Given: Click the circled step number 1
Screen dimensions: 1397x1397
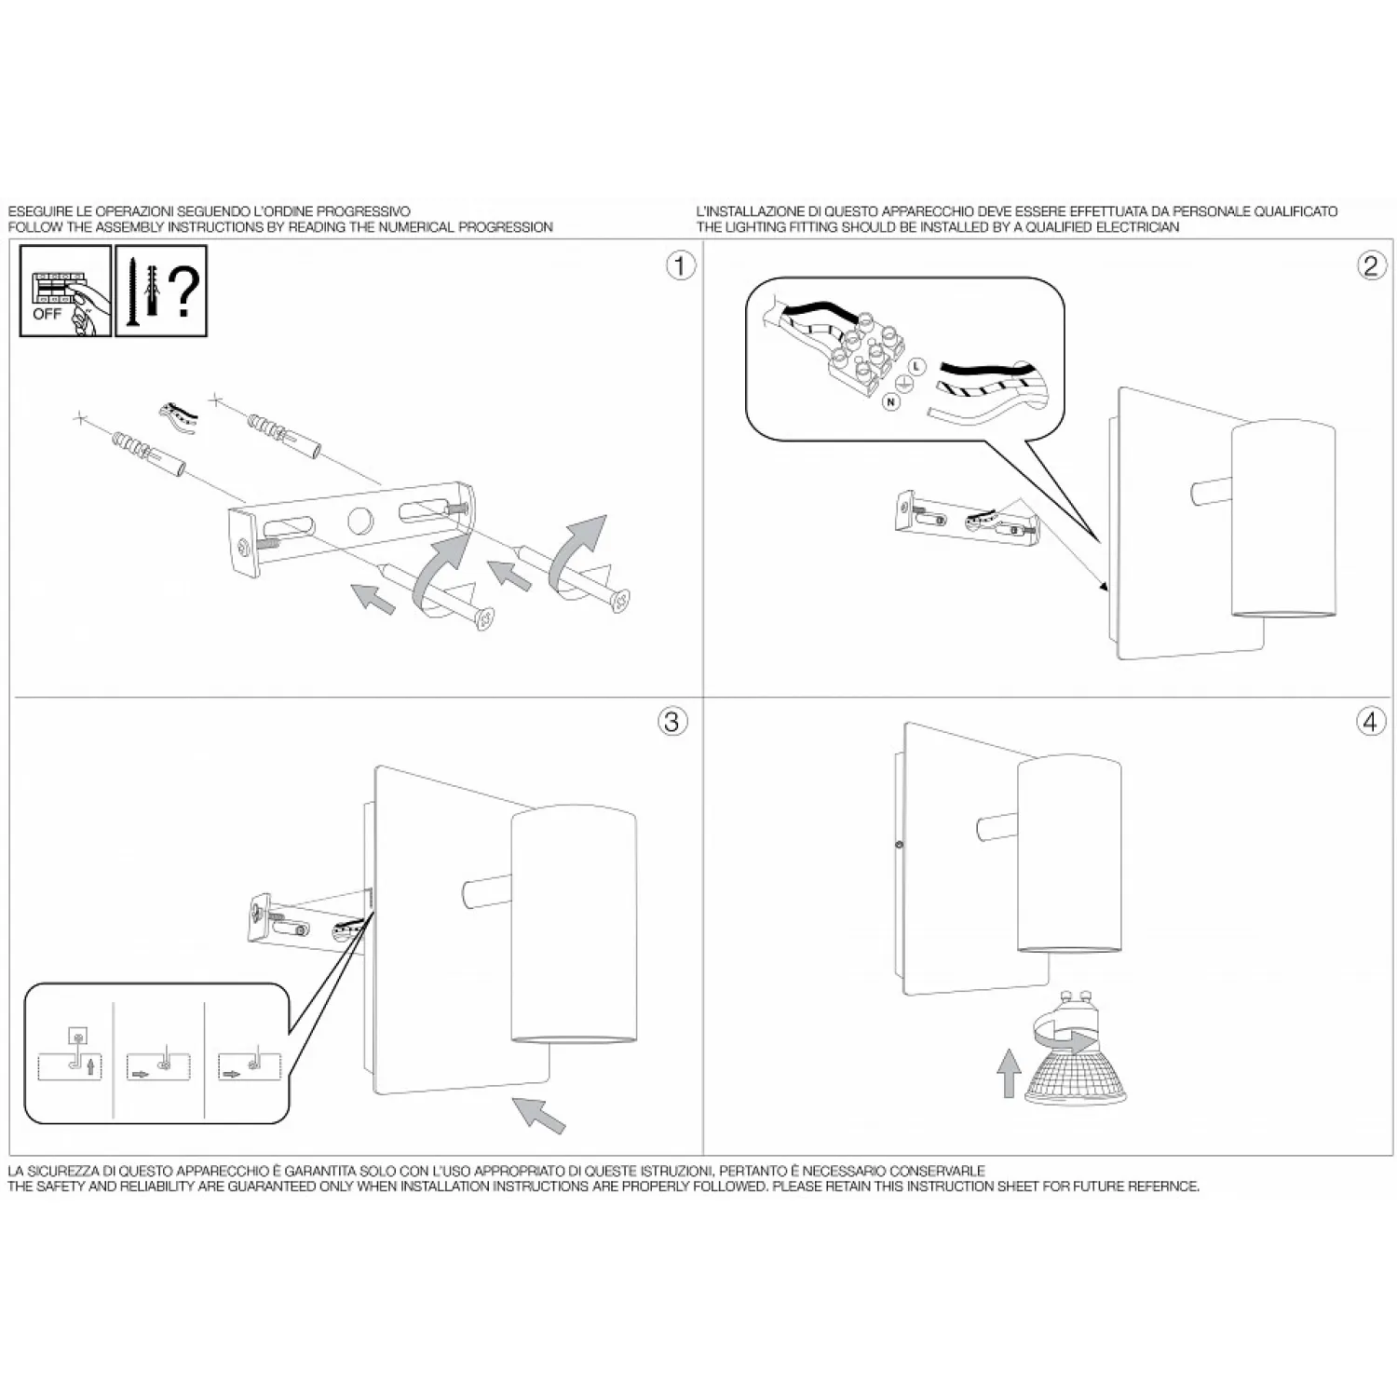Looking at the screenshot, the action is coord(681,265).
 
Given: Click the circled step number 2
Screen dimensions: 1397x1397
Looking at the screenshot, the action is coord(1370,265).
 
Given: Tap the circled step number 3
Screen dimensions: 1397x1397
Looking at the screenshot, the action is coord(672,721).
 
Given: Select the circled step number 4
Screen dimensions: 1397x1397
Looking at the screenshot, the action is coord(1371,721).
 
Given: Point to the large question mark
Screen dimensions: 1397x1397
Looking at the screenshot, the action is coord(184,291).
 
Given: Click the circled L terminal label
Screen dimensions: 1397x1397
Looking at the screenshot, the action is coord(916,367).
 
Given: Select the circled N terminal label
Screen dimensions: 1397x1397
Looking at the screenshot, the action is coord(891,402).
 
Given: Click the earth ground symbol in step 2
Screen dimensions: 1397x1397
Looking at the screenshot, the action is coord(904,385).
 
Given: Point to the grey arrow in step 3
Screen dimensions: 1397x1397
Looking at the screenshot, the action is coord(538,1114).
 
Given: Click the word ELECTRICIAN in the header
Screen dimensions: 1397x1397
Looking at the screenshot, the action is coord(1139,227).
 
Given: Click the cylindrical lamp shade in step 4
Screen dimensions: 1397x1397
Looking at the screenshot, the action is coord(1068,854).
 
